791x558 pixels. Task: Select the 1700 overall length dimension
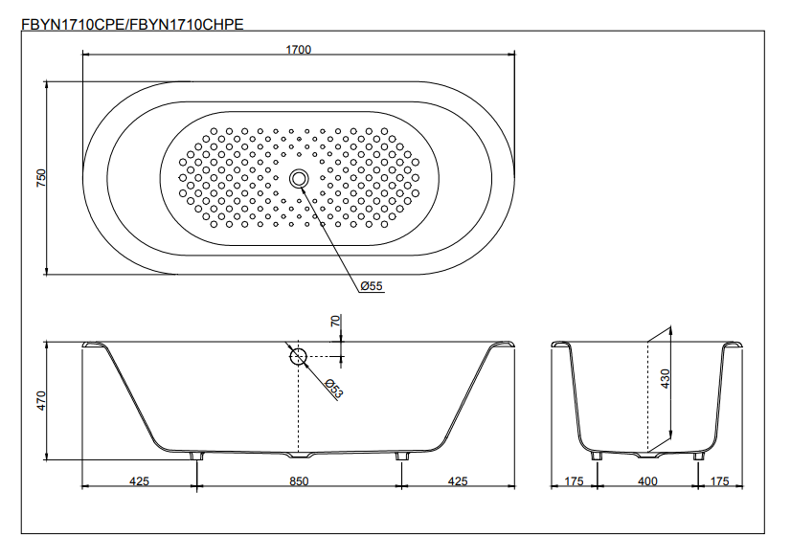click(x=299, y=49)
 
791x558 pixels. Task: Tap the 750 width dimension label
click(x=40, y=178)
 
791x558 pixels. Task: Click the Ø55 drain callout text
click(x=372, y=286)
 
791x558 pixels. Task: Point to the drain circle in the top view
click(x=299, y=178)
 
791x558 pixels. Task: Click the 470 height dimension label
click(x=40, y=399)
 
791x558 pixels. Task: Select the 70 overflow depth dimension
click(x=335, y=322)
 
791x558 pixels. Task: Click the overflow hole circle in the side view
click(x=298, y=357)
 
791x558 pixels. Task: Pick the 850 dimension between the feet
click(x=299, y=481)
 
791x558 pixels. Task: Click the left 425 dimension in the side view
click(x=139, y=481)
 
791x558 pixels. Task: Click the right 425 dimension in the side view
click(x=458, y=481)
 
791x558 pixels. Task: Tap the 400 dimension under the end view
click(x=648, y=481)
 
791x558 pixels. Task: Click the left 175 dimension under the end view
click(x=575, y=481)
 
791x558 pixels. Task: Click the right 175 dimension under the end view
click(x=721, y=481)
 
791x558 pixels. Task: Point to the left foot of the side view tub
click(x=197, y=456)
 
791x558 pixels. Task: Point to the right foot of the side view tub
click(x=400, y=456)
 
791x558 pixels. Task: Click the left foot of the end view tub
click(x=599, y=456)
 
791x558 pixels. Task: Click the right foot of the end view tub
click(x=698, y=456)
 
